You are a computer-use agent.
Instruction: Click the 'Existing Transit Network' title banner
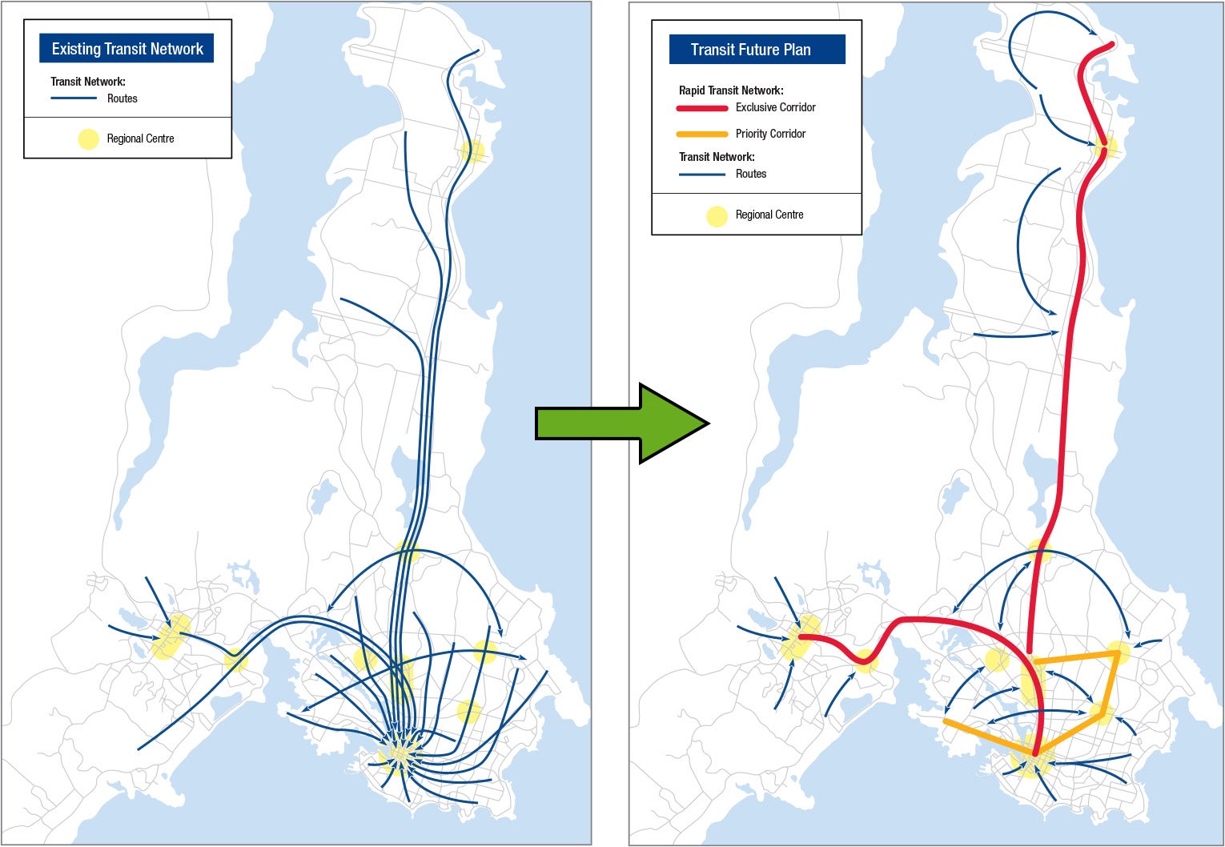click(127, 49)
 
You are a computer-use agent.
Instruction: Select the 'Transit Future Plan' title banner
click(757, 50)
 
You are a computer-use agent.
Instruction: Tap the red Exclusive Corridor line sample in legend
click(702, 108)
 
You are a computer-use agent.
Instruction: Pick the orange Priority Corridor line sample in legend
click(702, 134)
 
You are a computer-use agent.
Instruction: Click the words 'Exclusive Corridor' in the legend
click(775, 107)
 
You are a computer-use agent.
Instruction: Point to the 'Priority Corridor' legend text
click(770, 134)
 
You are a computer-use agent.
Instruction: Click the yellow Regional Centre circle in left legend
click(88, 139)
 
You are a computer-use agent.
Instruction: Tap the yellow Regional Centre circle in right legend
click(717, 215)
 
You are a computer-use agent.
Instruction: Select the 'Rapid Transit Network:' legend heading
click(730, 90)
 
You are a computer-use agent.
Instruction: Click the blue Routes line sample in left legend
click(74, 98)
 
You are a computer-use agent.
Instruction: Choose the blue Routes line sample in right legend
click(702, 175)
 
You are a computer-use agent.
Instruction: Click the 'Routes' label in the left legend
click(122, 98)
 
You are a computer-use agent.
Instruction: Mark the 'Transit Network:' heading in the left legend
click(88, 82)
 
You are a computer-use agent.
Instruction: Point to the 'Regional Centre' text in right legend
click(769, 215)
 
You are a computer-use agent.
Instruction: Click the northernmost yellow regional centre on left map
click(472, 150)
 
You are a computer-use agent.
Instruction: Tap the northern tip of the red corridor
click(1111, 45)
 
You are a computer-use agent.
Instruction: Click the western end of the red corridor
click(801, 637)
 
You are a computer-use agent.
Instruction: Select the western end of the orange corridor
click(946, 721)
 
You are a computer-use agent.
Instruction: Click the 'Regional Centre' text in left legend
click(140, 138)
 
